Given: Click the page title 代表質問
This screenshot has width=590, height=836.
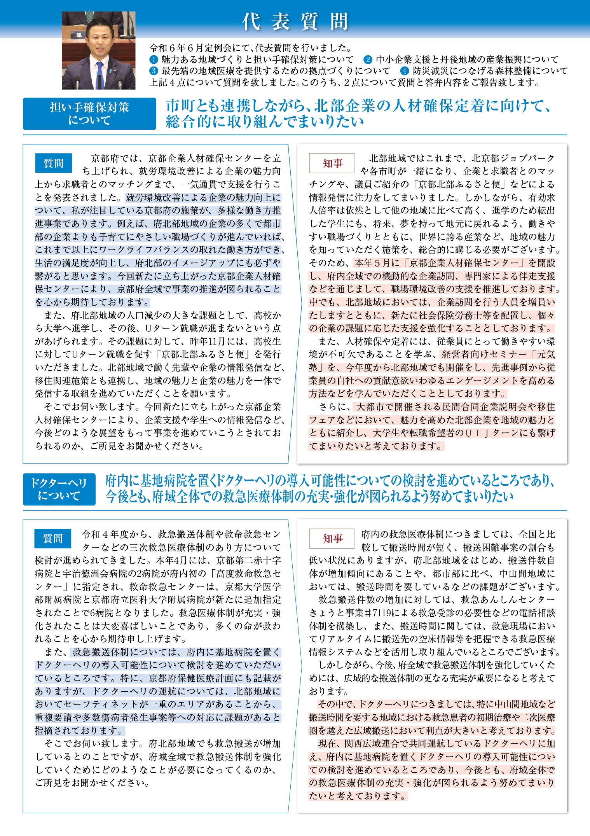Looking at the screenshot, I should coord(295,22).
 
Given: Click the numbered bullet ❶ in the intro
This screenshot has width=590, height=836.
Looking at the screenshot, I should coord(154,60).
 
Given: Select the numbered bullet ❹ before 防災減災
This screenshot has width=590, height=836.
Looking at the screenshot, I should coord(405,71).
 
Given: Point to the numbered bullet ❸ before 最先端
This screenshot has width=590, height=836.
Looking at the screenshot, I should coord(154,71).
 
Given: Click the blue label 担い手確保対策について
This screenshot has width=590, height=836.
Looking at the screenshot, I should coord(89,114).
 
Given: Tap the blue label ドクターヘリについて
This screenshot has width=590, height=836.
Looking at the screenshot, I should coord(59,489).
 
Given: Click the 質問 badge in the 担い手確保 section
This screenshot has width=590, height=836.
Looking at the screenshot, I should coord(53,163).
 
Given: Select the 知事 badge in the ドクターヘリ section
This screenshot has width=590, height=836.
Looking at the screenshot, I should coord(332,539).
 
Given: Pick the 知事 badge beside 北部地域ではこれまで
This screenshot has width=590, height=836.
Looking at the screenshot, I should coord(332,163).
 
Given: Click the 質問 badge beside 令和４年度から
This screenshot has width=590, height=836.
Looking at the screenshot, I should coord(53,539).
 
